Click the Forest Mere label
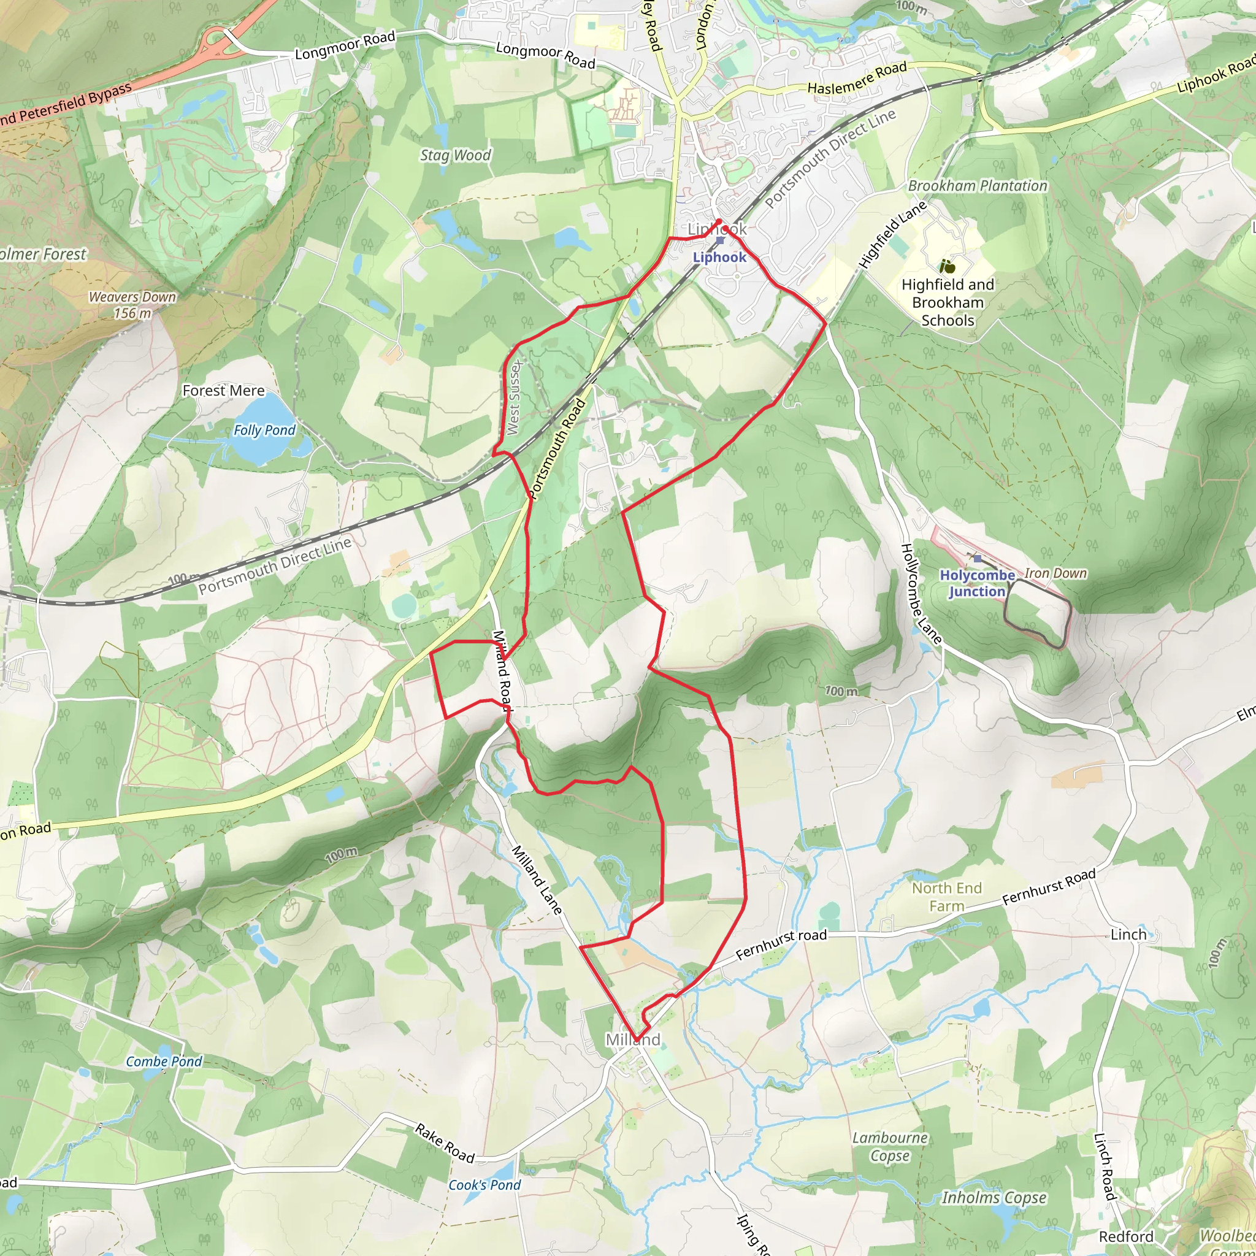coord(224,391)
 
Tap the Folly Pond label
coord(264,431)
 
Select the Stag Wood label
coord(455,155)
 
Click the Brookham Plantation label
coord(977,186)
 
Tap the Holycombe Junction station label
coord(976,583)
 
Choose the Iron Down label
coord(1056,573)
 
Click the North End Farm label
coord(946,897)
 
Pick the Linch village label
coord(1128,934)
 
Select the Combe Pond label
coord(164,1062)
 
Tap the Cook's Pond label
coord(484,1185)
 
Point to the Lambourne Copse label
coord(890,1147)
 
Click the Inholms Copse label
coord(994,1198)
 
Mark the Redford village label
coord(1126,1236)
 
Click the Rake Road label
coord(445,1143)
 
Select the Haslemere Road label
coord(857,78)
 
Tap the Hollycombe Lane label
coord(921,594)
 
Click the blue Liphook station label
coord(719,258)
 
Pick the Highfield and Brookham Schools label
coord(948,302)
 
